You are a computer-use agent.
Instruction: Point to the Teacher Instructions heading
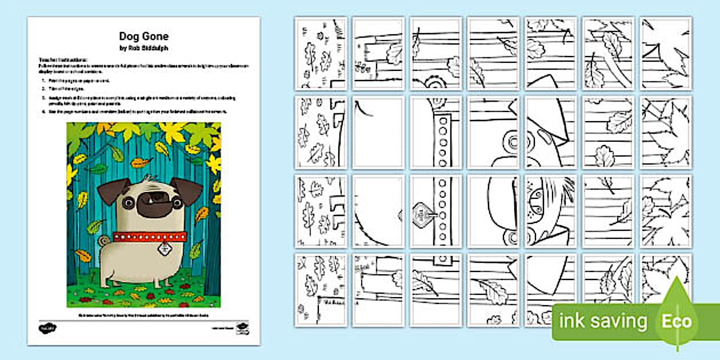click(63, 59)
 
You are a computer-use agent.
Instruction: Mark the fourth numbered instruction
click(137, 112)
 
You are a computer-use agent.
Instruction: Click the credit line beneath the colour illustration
click(143, 315)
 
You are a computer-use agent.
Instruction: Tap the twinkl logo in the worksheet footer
click(47, 329)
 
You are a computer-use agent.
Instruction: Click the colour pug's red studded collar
click(150, 237)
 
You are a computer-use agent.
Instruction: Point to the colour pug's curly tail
click(103, 242)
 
